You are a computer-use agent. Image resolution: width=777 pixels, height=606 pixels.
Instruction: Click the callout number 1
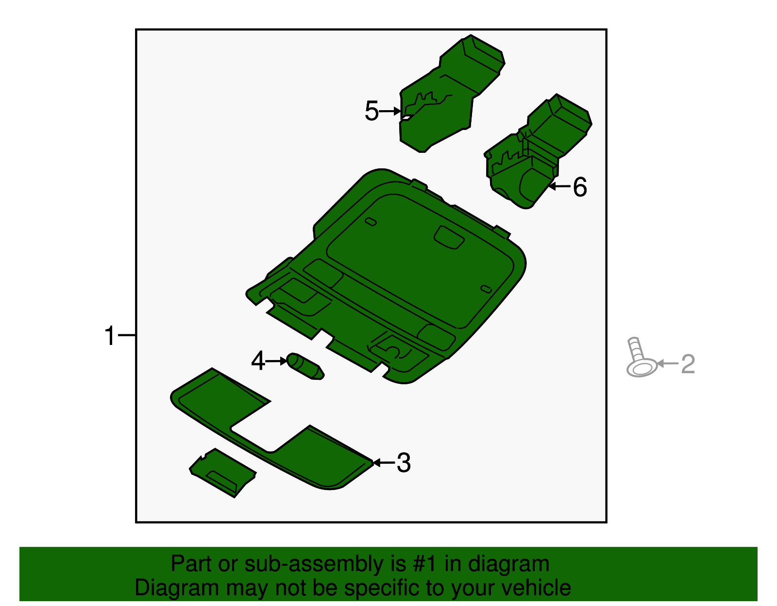pyautogui.click(x=110, y=336)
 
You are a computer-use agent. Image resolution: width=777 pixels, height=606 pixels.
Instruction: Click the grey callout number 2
pyautogui.click(x=688, y=364)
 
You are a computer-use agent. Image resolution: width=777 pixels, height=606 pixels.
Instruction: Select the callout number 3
pyautogui.click(x=404, y=463)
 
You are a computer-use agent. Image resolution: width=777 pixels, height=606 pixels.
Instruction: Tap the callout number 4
pyautogui.click(x=258, y=361)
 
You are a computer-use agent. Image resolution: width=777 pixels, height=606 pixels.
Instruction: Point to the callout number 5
pyautogui.click(x=372, y=111)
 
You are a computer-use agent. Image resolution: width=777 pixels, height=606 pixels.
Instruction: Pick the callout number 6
pyautogui.click(x=580, y=187)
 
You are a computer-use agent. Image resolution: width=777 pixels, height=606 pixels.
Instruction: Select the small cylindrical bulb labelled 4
pyautogui.click(x=305, y=367)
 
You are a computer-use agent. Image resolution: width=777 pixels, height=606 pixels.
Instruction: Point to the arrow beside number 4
pyautogui.click(x=277, y=361)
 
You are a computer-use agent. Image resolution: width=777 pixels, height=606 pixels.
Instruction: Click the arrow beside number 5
pyautogui.click(x=390, y=111)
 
